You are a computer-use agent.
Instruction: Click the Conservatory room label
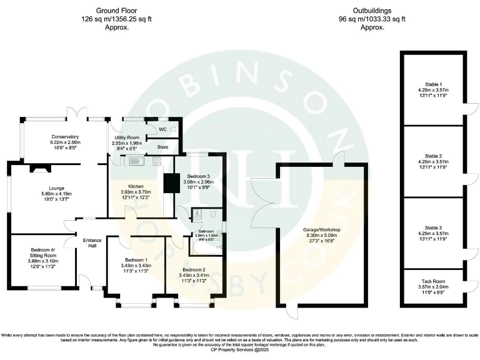click(66, 136)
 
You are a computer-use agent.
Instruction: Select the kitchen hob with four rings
click(156, 161)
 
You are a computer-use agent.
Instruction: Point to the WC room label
click(162, 129)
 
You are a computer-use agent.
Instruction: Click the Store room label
click(162, 147)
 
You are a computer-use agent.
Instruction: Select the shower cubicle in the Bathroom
click(197, 214)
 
